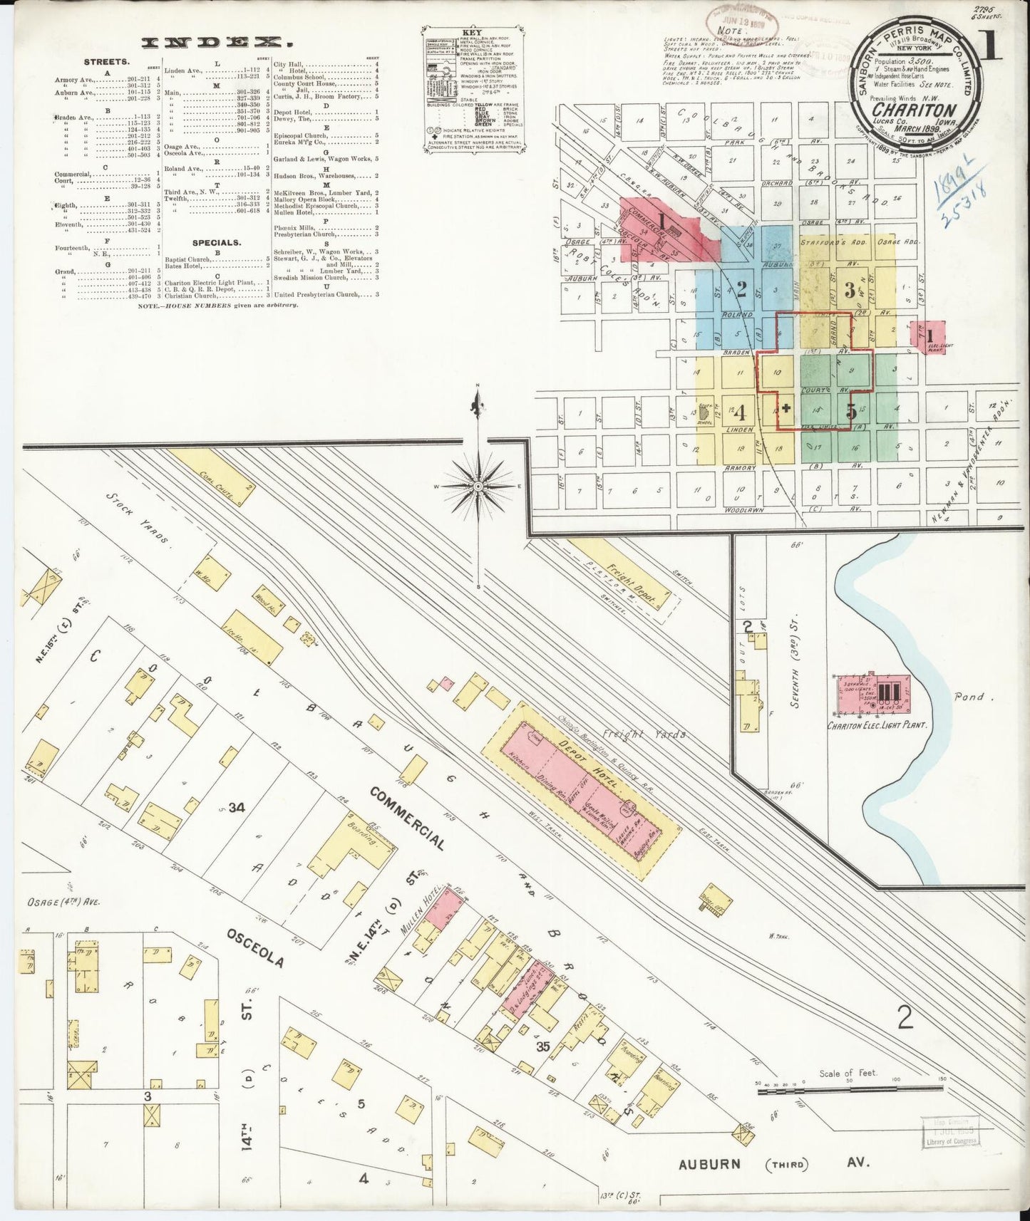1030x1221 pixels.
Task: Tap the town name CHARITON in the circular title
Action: click(x=913, y=110)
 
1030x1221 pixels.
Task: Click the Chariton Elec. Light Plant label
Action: click(x=877, y=725)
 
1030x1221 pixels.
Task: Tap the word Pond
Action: click(x=969, y=697)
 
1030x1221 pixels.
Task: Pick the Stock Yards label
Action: click(x=140, y=517)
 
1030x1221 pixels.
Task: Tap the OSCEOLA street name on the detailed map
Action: click(x=255, y=950)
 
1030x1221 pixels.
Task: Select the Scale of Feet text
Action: click(x=848, y=1073)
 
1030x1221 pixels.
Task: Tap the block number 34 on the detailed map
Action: click(x=237, y=807)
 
